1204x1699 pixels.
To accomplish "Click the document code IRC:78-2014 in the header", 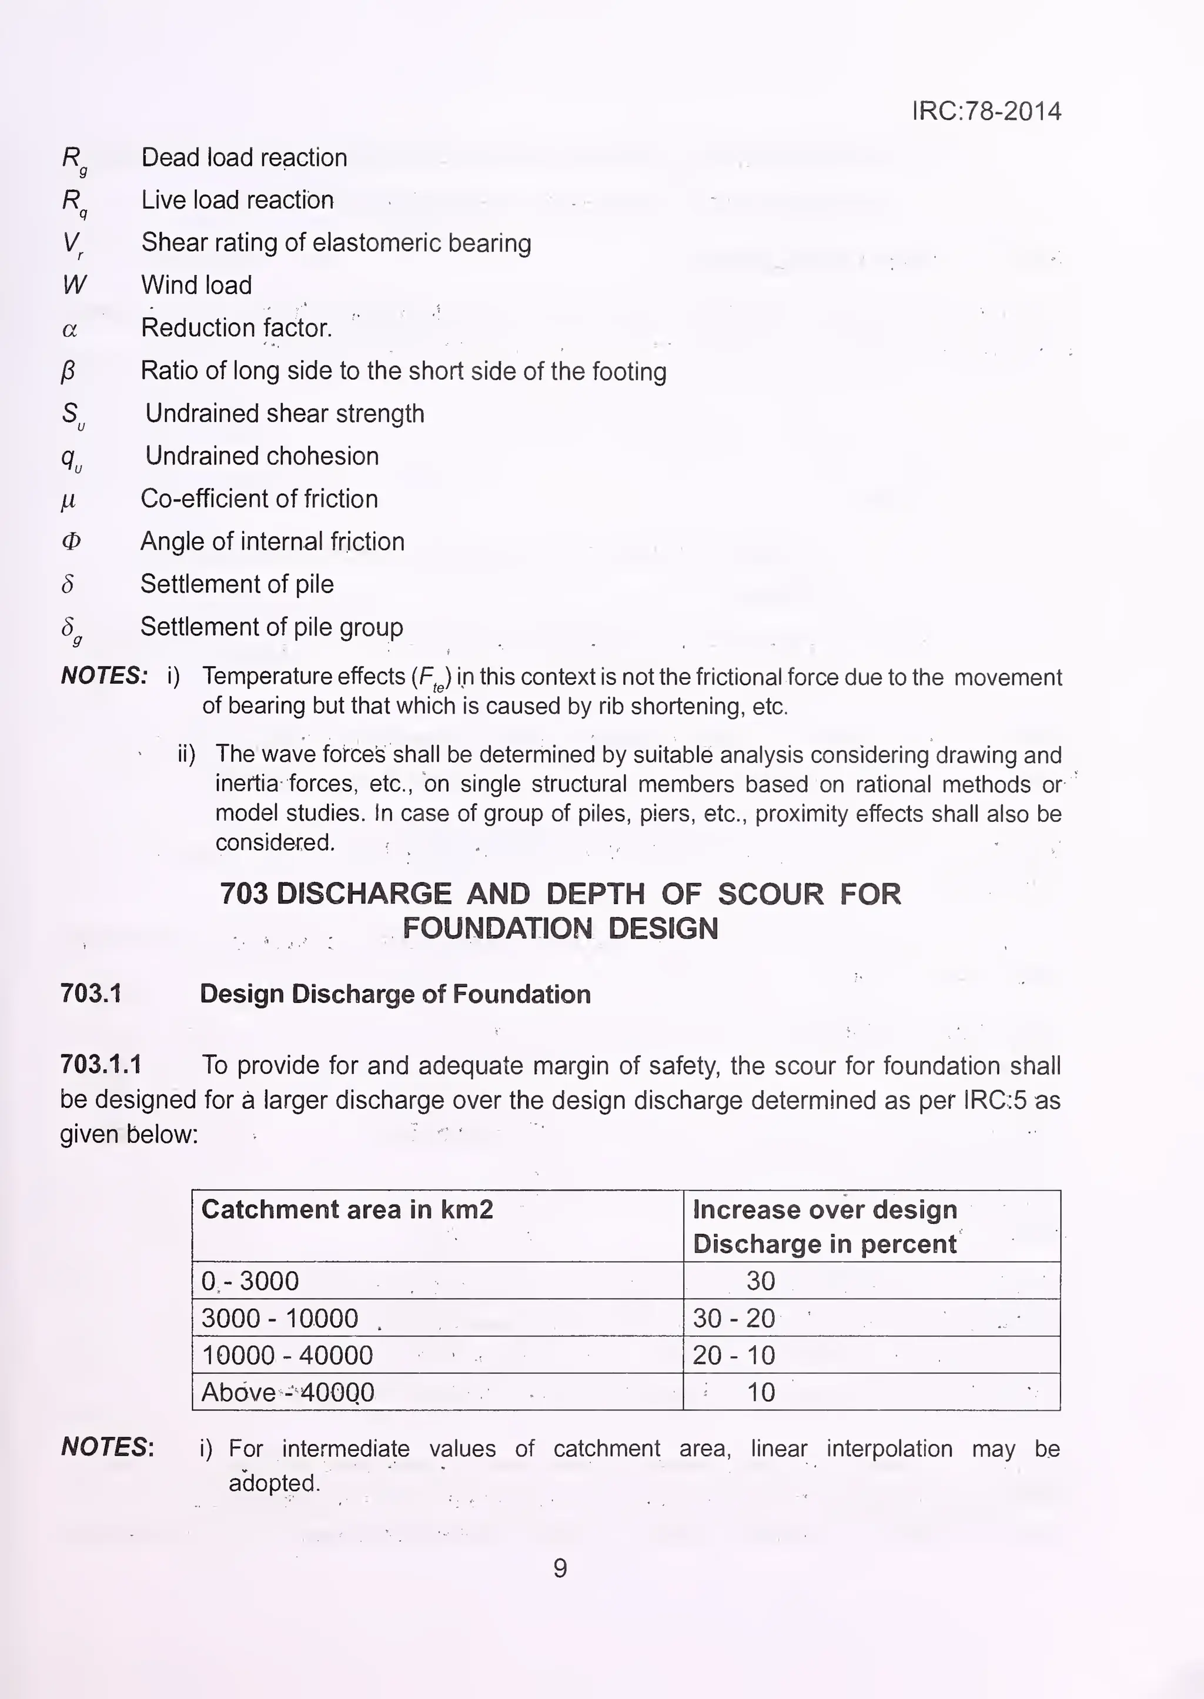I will pyautogui.click(x=986, y=111).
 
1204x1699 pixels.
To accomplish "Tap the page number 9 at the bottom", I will pyautogui.click(x=560, y=1568).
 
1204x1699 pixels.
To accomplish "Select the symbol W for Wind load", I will pyautogui.click(x=74, y=285).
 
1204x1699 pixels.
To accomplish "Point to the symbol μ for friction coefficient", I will pyautogui.click(x=68, y=500).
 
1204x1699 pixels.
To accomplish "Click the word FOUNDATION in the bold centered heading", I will pyautogui.click(x=497, y=929).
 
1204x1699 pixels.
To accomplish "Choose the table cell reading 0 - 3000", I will pyautogui.click(x=250, y=1281).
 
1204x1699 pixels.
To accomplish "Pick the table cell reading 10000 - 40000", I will pyautogui.click(x=287, y=1355).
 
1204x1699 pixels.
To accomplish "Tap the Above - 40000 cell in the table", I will pyautogui.click(x=287, y=1392).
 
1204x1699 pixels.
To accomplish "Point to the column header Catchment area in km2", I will pyautogui.click(x=347, y=1210).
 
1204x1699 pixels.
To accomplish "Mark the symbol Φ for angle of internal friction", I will pyautogui.click(x=71, y=542).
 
